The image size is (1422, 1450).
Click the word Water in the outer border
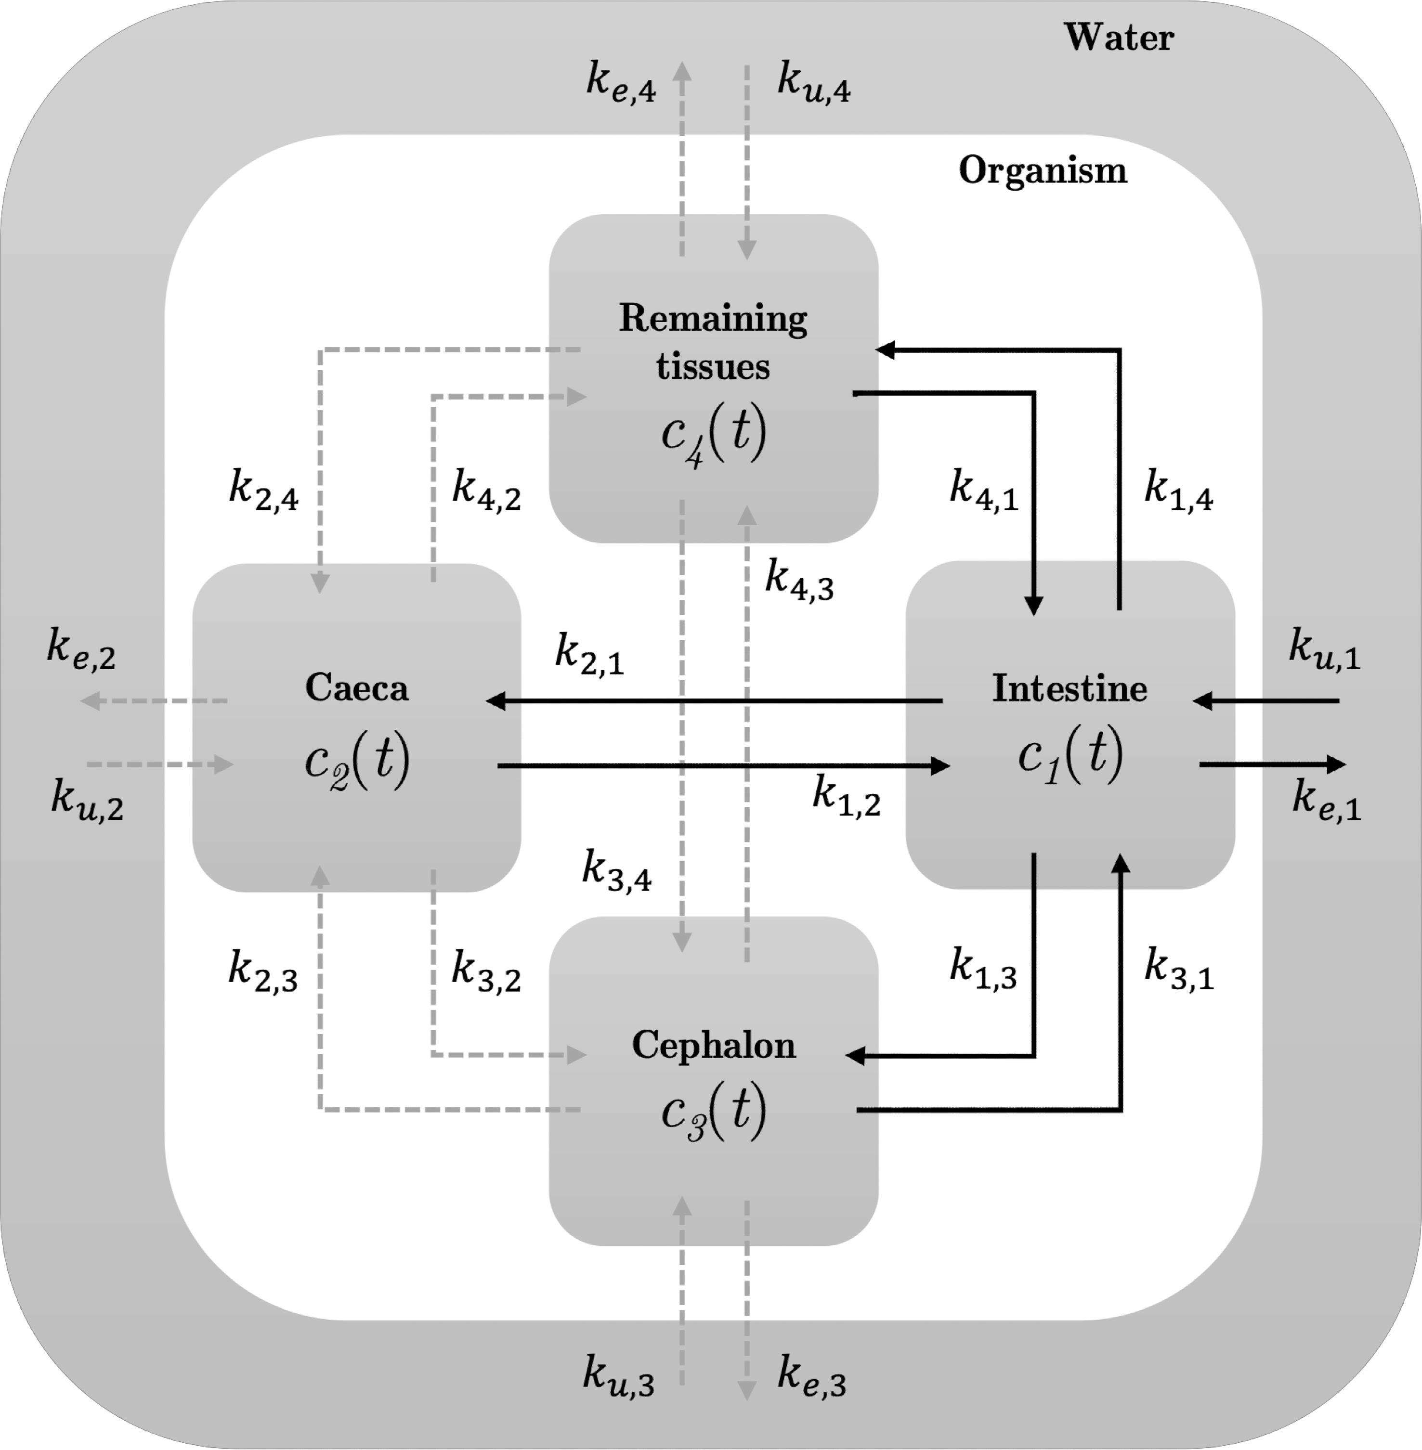click(1118, 38)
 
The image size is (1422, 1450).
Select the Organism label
click(1043, 171)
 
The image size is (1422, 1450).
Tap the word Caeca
click(356, 687)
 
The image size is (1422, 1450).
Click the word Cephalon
click(713, 1045)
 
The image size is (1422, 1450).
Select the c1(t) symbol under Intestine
click(1070, 756)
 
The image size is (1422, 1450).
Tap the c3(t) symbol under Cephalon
click(713, 1113)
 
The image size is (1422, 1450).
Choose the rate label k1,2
click(846, 796)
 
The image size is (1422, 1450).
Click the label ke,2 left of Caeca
click(81, 649)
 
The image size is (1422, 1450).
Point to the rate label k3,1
click(1178, 969)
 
